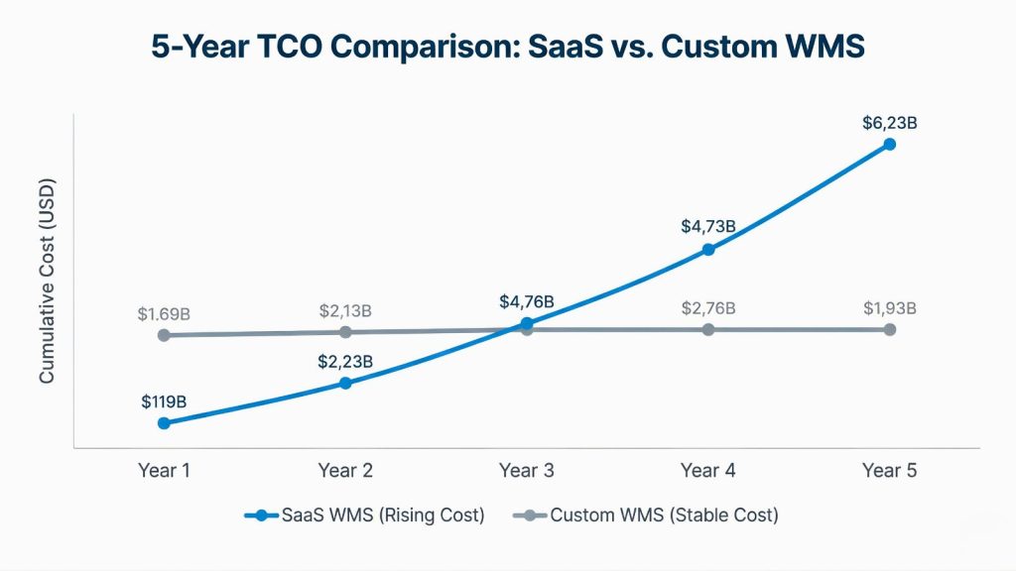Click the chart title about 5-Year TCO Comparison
pyautogui.click(x=507, y=47)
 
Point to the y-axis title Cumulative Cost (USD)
pyautogui.click(x=47, y=282)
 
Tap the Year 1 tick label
pyautogui.click(x=164, y=470)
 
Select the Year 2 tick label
pyautogui.click(x=345, y=470)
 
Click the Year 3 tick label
pyautogui.click(x=527, y=470)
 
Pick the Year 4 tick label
pyautogui.click(x=708, y=470)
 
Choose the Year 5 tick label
pyautogui.click(x=889, y=470)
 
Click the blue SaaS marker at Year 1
pyautogui.click(x=164, y=423)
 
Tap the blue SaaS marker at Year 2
pyautogui.click(x=345, y=383)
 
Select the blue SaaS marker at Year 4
pyautogui.click(x=708, y=250)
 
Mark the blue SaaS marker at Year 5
pyautogui.click(x=890, y=145)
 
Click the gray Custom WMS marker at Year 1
pyautogui.click(x=164, y=335)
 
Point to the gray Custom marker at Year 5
pyautogui.click(x=890, y=329)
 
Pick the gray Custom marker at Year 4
pyautogui.click(x=708, y=329)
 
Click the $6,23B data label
pyautogui.click(x=889, y=124)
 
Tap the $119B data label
pyautogui.click(x=164, y=402)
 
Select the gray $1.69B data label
pyautogui.click(x=164, y=314)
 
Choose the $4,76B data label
pyautogui.click(x=527, y=301)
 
